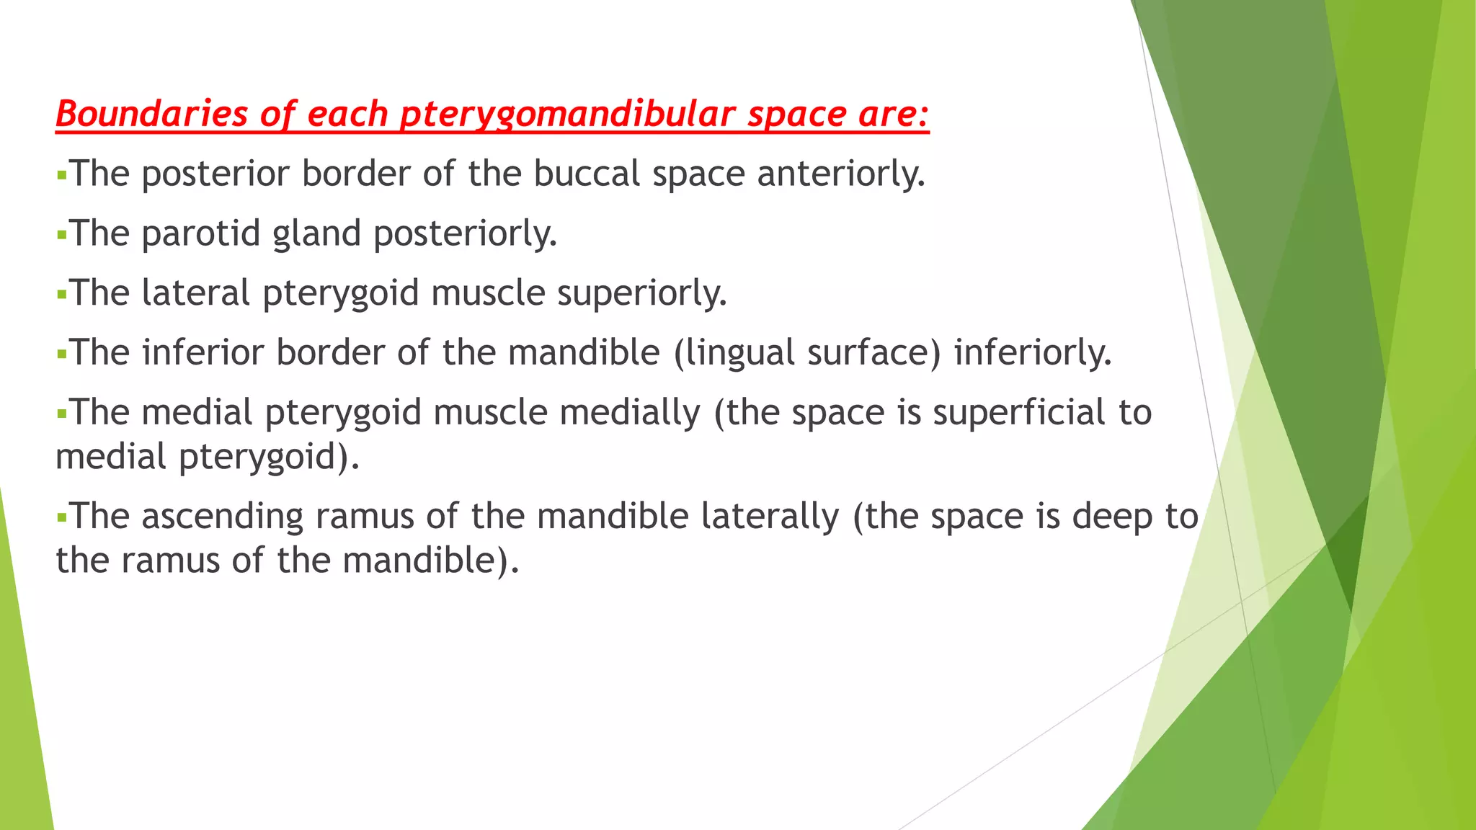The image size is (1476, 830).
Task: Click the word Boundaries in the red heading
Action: pyautogui.click(x=151, y=114)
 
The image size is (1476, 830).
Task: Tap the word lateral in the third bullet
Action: pyautogui.click(x=195, y=293)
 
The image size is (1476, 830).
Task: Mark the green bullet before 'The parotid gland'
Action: pyautogui.click(x=61, y=235)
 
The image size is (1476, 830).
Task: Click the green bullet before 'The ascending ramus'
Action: pyautogui.click(x=61, y=517)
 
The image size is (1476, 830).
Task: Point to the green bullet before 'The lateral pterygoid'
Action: pyautogui.click(x=61, y=294)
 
